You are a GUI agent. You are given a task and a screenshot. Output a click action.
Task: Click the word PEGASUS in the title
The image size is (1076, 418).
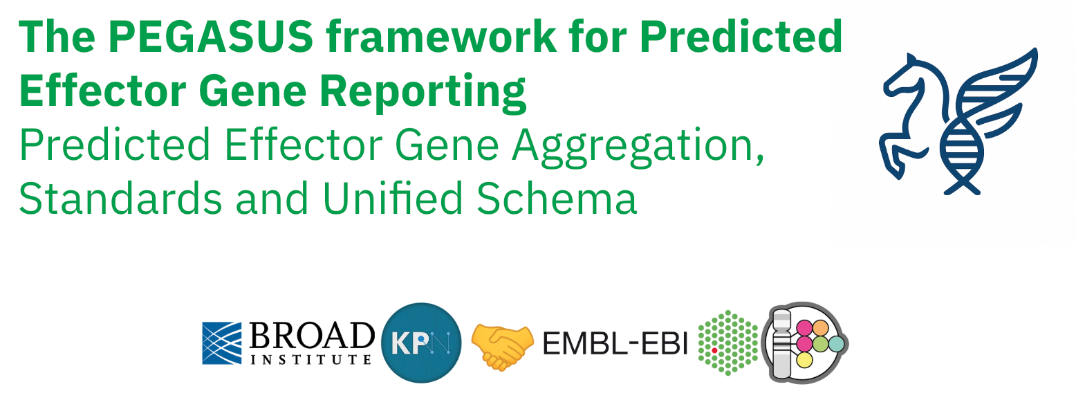coord(211,37)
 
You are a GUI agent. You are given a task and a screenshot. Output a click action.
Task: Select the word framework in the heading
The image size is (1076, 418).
coord(441,37)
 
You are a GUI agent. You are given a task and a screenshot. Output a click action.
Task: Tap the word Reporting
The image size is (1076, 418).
coord(423,92)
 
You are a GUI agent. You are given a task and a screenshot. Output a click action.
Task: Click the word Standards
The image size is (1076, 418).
coord(120,198)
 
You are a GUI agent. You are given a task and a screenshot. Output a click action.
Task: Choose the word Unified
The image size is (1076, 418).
coord(393,198)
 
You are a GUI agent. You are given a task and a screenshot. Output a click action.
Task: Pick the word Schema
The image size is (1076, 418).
coord(556,198)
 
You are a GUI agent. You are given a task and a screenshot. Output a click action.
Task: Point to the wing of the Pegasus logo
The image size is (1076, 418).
coord(996,96)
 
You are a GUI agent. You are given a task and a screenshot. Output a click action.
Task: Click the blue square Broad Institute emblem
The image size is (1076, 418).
coord(221,343)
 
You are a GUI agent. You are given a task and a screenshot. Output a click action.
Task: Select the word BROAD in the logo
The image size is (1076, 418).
coord(312,336)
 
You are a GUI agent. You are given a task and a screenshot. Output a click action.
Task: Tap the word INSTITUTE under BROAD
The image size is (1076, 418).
coord(311,359)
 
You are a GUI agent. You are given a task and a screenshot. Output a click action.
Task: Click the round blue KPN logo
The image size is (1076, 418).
coord(421,343)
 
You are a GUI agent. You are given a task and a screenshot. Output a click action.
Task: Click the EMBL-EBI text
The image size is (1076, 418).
coord(615,343)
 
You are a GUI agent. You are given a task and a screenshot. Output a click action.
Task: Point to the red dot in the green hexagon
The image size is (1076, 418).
coord(714,351)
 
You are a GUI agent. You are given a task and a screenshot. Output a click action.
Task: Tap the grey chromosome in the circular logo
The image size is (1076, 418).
coord(781,343)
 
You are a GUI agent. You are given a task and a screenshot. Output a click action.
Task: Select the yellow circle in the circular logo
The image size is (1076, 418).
coord(805,360)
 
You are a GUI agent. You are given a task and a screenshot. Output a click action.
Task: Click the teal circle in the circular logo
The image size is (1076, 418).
coord(836,343)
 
